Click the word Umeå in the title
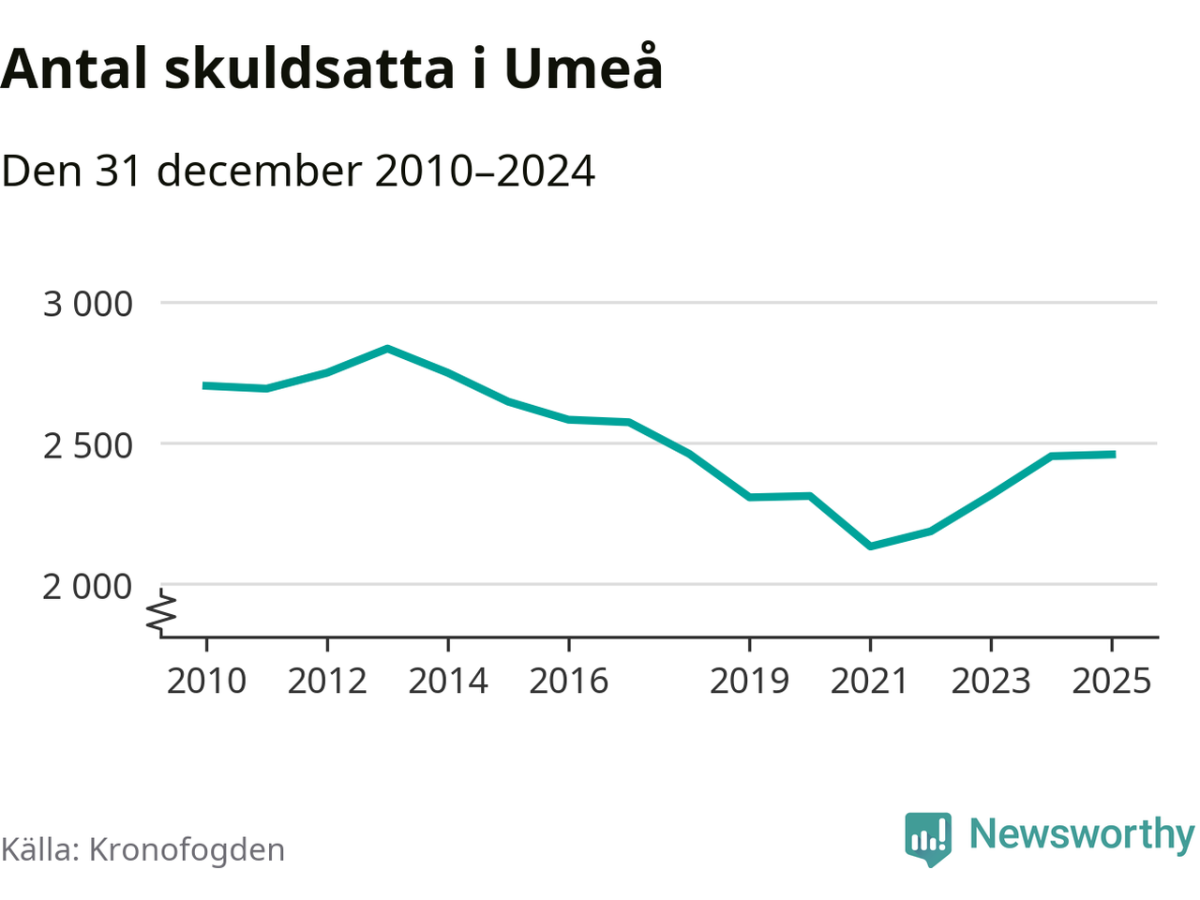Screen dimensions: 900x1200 coord(583,67)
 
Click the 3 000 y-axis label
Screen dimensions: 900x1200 coord(88,304)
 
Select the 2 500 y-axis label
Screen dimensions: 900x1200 coord(88,445)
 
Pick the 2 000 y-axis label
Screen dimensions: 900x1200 coord(88,587)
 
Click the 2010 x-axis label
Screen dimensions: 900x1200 coord(206,681)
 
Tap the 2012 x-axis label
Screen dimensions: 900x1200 coord(327,681)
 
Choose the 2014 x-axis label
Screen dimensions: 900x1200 coord(448,681)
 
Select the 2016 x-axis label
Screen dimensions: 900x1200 coord(568,681)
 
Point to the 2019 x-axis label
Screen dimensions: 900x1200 coord(749,681)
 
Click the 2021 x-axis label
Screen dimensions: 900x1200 coord(870,681)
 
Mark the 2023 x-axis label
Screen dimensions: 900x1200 coord(991,681)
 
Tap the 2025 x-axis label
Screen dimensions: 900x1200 coord(1111,681)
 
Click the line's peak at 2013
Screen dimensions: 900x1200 coord(387,349)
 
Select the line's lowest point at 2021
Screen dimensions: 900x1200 coord(870,546)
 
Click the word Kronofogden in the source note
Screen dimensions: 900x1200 coord(187,849)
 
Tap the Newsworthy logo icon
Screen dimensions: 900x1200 coord(927,837)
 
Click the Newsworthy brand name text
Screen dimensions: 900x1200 coord(1081,833)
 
